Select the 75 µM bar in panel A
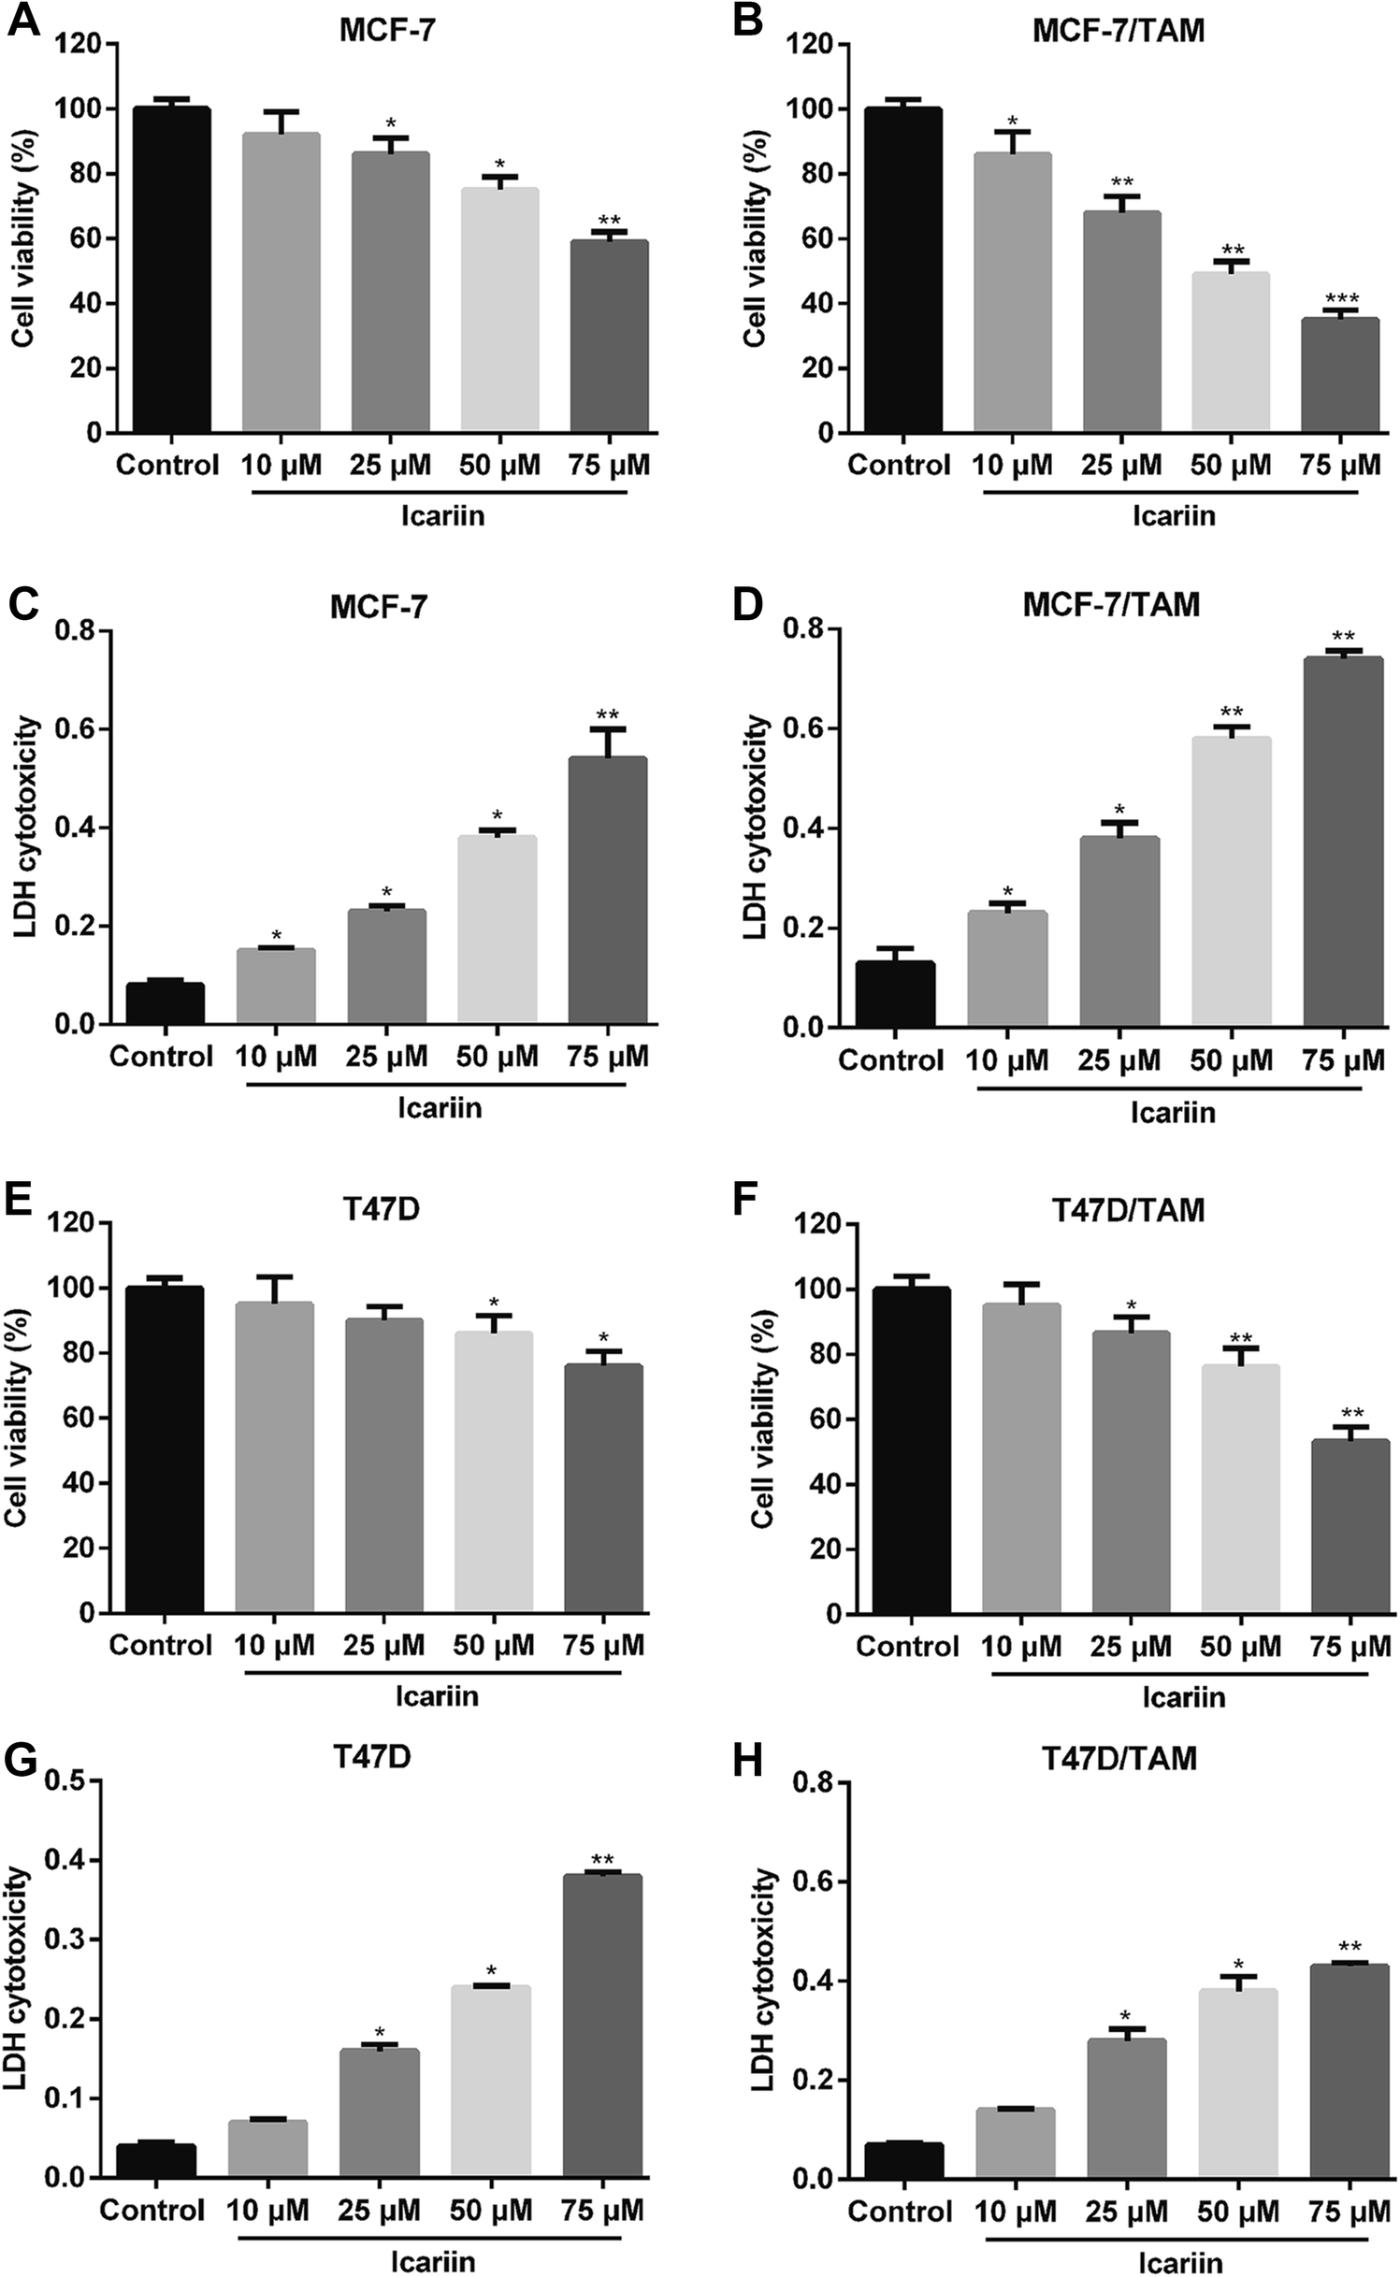click(609, 337)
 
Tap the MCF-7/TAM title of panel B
click(1118, 31)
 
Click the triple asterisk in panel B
click(1341, 299)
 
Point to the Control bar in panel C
click(166, 1003)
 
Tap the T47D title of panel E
click(381, 1209)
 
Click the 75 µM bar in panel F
click(1350, 1527)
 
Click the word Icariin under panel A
click(443, 515)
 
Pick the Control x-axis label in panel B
click(898, 465)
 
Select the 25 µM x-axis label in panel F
click(1130, 1647)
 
